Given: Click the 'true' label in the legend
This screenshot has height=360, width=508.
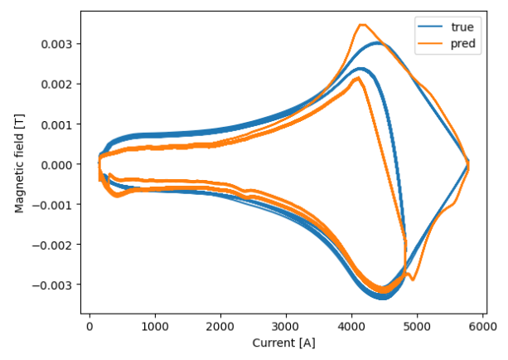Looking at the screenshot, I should coord(462,27).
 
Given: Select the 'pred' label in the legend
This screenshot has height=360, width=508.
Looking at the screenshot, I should coord(463,43).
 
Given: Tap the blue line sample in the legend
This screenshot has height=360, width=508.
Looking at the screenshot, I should coord(431,27).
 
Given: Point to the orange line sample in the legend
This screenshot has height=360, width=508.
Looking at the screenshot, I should coord(431,43).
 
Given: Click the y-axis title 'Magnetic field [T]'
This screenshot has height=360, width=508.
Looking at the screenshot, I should coord(19,163).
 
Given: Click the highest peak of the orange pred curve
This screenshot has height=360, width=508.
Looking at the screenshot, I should coord(362,25).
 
